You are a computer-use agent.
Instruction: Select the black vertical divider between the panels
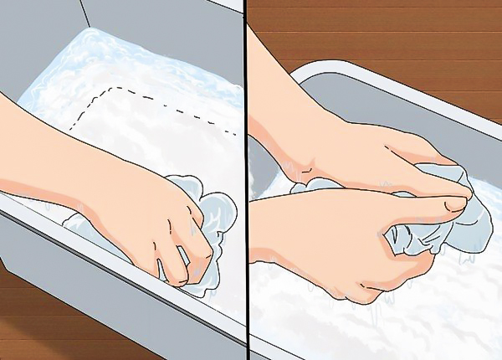tap(246, 180)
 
